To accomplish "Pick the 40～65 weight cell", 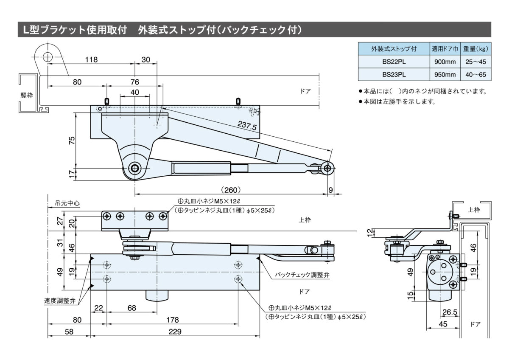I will [475, 74].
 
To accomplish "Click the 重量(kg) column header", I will [475, 48].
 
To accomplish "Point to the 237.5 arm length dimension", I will [248, 127].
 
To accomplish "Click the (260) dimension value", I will [231, 190].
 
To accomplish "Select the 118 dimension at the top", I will [91, 60].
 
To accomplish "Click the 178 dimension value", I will [172, 319].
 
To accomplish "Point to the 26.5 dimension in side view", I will [450, 312].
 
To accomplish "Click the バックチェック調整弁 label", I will [302, 275].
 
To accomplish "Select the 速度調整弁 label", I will [60, 301].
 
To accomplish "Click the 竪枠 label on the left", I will [27, 95].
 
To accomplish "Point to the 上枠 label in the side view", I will [474, 209].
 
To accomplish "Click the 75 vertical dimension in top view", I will [72, 141].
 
